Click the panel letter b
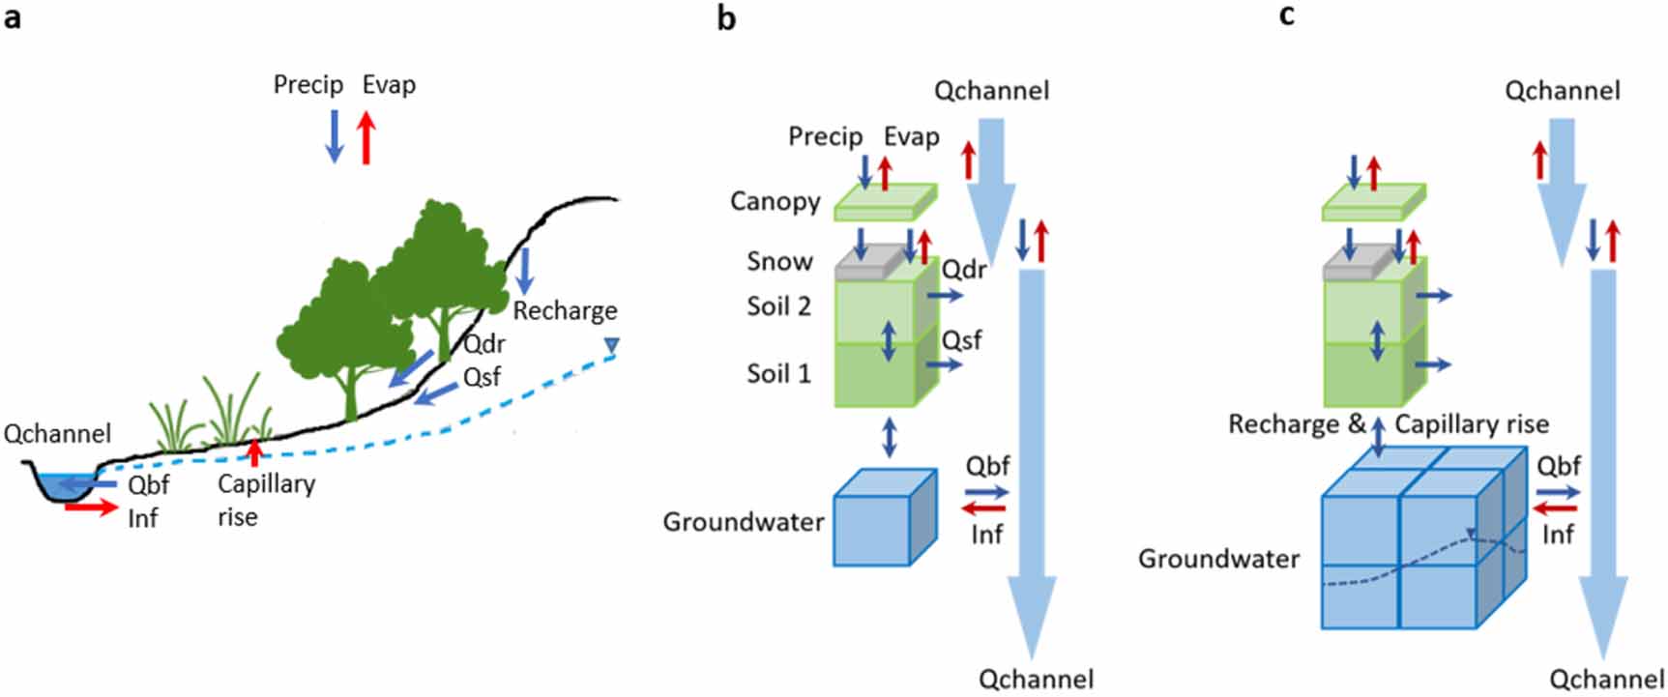coord(726,17)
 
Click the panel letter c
coord(1286,15)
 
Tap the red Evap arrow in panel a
coord(366,137)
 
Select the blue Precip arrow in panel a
coord(335,136)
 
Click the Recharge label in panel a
coord(565,311)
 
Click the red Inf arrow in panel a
coord(91,506)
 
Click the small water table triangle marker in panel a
coord(611,345)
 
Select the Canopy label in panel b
coord(775,201)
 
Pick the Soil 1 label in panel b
coord(778,373)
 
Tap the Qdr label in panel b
coord(964,270)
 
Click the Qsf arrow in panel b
coord(943,364)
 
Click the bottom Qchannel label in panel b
coord(1036,680)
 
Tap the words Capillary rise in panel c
coord(1471,424)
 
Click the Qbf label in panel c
coord(1559,466)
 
